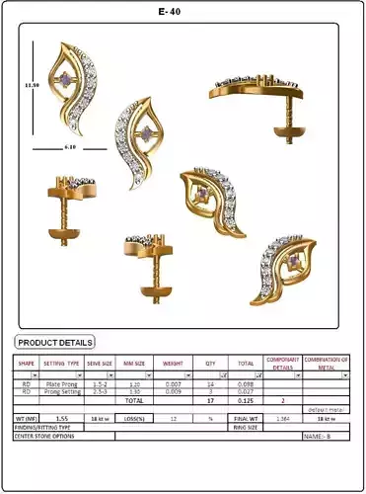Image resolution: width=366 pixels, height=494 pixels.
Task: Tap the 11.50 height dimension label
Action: [32, 85]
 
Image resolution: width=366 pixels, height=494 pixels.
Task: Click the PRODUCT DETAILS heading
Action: [55, 342]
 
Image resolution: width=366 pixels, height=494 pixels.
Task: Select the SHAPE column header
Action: [26, 363]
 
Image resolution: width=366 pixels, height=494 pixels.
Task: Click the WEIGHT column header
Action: [174, 363]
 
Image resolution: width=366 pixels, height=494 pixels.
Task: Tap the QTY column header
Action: [210, 363]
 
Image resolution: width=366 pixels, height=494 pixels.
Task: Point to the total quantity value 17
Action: [210, 401]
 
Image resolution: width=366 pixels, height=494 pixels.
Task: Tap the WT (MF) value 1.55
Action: [61, 419]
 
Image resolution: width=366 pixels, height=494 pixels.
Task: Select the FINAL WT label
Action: [246, 419]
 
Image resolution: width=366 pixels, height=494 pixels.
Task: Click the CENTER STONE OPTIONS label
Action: [45, 436]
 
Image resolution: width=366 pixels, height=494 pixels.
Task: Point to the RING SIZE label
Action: [246, 428]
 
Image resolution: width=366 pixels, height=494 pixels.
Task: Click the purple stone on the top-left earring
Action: [66, 79]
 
